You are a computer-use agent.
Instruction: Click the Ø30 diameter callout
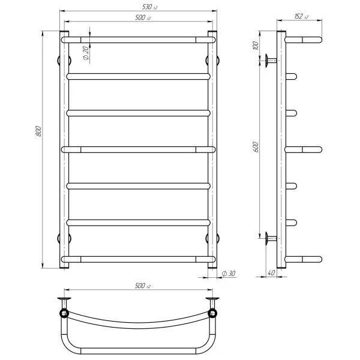pyautogui.click(x=229, y=274)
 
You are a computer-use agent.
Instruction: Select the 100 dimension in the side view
pyautogui.click(x=255, y=46)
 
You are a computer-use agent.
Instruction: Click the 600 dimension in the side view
pyautogui.click(x=255, y=147)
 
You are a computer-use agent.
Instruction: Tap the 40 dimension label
pyautogui.click(x=271, y=274)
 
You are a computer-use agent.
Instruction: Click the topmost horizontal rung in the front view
pyautogui.click(x=139, y=40)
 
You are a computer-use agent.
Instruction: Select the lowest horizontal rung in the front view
pyautogui.click(x=139, y=259)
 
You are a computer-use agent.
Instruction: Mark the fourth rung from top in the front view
pyautogui.click(x=139, y=149)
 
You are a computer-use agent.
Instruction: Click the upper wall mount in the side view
pyautogui.click(x=268, y=60)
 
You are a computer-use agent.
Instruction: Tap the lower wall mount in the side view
pyautogui.click(x=268, y=238)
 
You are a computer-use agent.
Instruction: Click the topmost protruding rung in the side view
pyautogui.click(x=305, y=40)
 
